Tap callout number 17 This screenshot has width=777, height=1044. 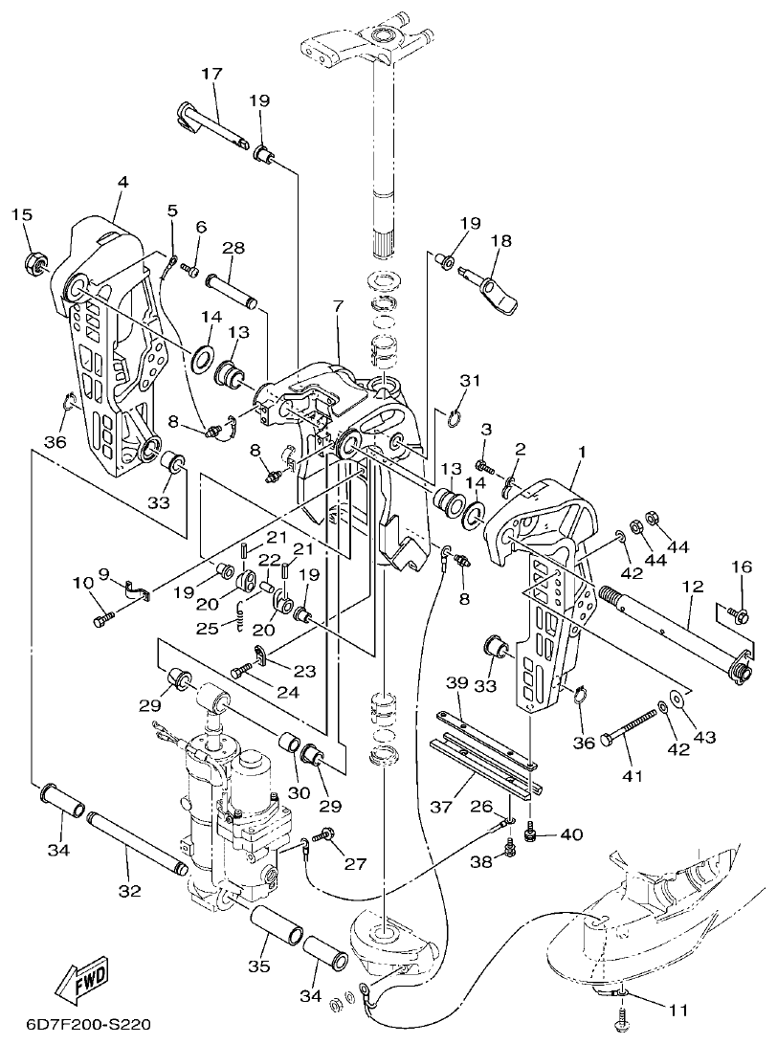(x=211, y=75)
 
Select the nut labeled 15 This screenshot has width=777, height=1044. (x=35, y=259)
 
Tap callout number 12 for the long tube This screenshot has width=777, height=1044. (x=692, y=585)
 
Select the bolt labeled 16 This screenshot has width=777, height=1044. (x=737, y=613)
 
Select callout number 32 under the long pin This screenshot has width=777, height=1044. (x=129, y=891)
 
